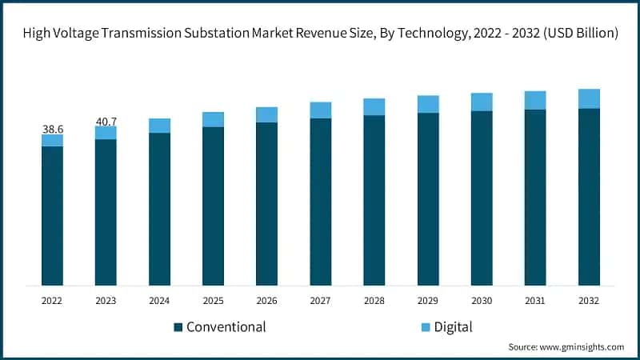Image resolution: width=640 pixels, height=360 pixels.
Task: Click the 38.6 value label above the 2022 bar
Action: click(x=52, y=128)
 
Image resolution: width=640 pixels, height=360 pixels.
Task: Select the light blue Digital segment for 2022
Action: click(x=52, y=140)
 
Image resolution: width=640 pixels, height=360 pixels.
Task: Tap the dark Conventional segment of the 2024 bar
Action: click(x=159, y=209)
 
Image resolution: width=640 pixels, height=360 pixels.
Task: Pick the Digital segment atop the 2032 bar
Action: click(x=589, y=98)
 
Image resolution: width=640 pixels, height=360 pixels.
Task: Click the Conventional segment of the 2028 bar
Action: click(x=374, y=200)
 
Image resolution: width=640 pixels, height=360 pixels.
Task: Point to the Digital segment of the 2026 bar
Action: click(x=266, y=114)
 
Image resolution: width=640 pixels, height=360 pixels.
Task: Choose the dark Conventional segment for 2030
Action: click(x=482, y=198)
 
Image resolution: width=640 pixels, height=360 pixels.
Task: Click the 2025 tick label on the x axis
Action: click(x=213, y=301)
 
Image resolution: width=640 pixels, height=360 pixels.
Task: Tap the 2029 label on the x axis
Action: click(x=428, y=301)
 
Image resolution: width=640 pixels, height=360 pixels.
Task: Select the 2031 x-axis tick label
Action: click(x=535, y=301)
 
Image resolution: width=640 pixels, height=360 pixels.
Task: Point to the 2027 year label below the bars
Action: click(x=320, y=301)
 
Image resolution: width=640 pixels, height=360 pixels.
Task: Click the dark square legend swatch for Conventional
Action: click(x=178, y=327)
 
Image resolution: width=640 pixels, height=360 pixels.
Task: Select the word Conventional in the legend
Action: click(x=226, y=326)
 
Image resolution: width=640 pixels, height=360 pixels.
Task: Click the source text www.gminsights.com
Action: click(x=583, y=347)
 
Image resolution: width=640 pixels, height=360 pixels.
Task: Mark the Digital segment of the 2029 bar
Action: click(x=428, y=104)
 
